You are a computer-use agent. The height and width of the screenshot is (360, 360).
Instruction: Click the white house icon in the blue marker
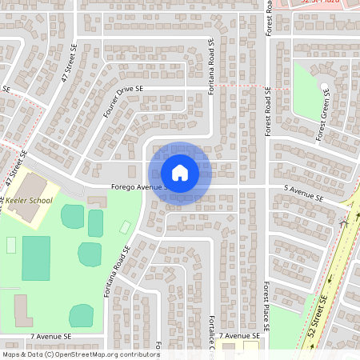(180, 173)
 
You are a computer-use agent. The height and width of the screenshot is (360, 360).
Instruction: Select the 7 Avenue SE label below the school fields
(51, 337)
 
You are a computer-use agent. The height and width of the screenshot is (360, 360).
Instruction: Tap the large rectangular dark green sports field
(35, 258)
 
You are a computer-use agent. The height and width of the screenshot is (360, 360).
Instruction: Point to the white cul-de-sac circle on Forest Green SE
(324, 86)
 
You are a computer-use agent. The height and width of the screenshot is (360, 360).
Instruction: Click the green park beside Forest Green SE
(308, 96)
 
